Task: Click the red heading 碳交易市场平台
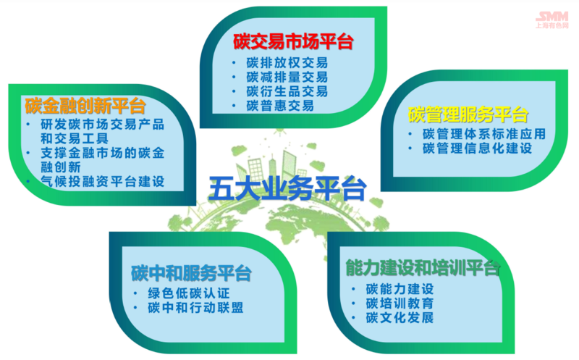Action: pyautogui.click(x=293, y=41)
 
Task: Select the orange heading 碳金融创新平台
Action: pyautogui.click(x=85, y=106)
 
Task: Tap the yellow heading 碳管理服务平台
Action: pyautogui.click(x=468, y=114)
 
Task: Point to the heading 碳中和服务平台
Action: pyautogui.click(x=191, y=274)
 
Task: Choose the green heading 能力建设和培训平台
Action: pyautogui.click(x=423, y=268)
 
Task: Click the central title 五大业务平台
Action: pyautogui.click(x=287, y=188)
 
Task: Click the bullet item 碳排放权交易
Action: pyautogui.click(x=287, y=63)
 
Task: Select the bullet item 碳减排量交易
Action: pyautogui.click(x=287, y=78)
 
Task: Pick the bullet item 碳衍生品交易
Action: pyautogui.click(x=287, y=92)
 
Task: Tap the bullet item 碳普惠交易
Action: pyautogui.click(x=280, y=106)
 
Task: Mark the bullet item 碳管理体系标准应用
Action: pyautogui.click(x=484, y=134)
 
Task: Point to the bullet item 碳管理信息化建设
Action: pyautogui.click(x=477, y=148)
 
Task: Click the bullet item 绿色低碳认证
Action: pyautogui.click(x=189, y=293)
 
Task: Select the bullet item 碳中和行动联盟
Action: pyautogui.click(x=195, y=308)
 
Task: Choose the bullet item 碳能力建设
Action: pyautogui.click(x=400, y=289)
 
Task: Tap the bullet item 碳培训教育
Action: pyautogui.click(x=400, y=304)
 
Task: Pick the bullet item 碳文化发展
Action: pyautogui.click(x=400, y=318)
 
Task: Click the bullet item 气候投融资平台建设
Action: pyautogui.click(x=102, y=182)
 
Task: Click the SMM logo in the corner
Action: pyautogui.click(x=552, y=20)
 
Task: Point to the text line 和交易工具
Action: pyautogui.click(x=75, y=138)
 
